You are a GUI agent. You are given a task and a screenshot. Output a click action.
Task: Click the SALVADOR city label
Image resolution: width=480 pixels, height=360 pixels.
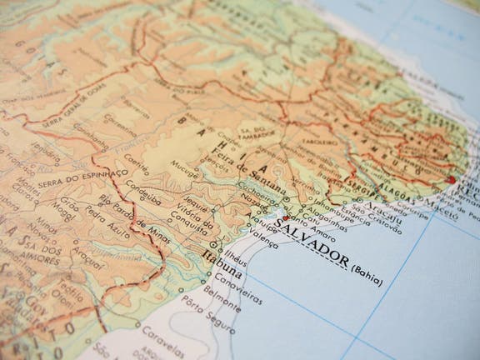pyautogui.click(x=310, y=242)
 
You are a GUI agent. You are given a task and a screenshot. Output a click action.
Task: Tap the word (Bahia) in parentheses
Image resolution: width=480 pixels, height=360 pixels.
pyautogui.click(x=367, y=275)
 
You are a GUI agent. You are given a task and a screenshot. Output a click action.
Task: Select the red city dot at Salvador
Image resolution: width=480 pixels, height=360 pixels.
pyautogui.click(x=286, y=218)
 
